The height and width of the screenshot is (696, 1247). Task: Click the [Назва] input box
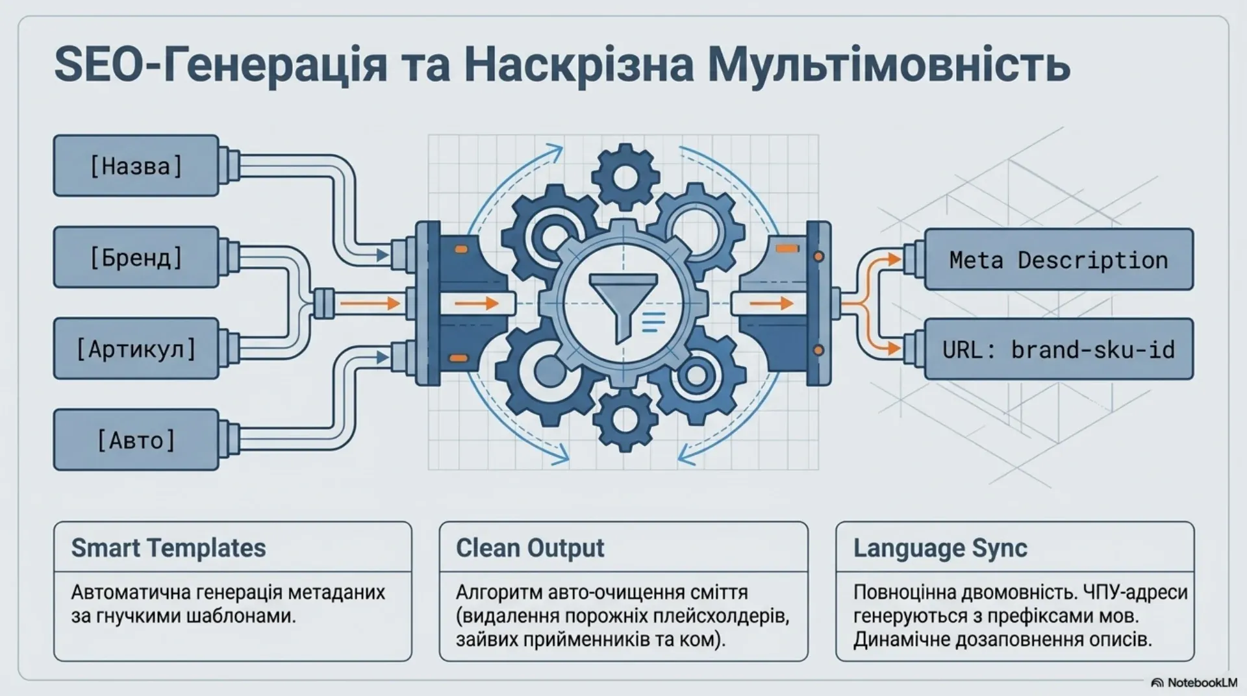pos(136,166)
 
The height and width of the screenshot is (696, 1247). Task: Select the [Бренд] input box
pos(136,257)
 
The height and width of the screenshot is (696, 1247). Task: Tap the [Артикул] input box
pos(136,349)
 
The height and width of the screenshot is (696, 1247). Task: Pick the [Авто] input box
pos(136,440)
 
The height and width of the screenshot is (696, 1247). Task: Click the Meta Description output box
pos(1059,259)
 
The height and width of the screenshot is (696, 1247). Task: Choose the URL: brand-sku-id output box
pos(1059,349)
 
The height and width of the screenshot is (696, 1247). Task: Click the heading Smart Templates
pos(168,548)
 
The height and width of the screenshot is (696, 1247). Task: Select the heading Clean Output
pos(530,548)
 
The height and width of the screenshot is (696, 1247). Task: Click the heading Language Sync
pos(940,548)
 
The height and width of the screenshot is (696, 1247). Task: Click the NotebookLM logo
pos(1193,682)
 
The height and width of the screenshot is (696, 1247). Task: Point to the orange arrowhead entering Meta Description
pos(895,260)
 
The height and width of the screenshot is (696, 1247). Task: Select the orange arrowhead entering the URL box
pos(895,349)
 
